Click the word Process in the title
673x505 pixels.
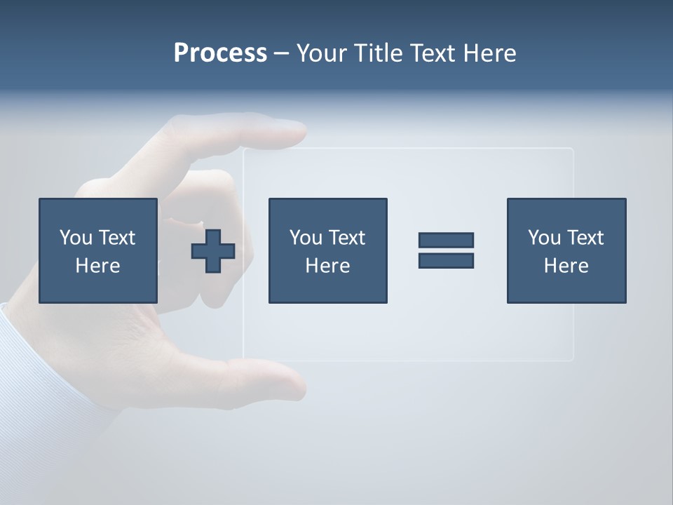click(220, 53)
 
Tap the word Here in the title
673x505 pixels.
click(489, 53)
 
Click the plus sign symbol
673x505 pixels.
click(213, 250)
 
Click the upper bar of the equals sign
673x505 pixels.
click(446, 240)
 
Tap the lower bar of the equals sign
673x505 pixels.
click(446, 260)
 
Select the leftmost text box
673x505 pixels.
click(98, 250)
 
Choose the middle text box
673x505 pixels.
click(327, 250)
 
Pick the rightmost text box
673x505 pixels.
click(566, 250)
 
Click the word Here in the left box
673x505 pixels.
click(98, 266)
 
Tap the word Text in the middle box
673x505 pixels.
click(347, 238)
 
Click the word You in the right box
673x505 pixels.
click(544, 238)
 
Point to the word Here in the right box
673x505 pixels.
click(566, 266)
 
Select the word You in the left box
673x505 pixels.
click(76, 238)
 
